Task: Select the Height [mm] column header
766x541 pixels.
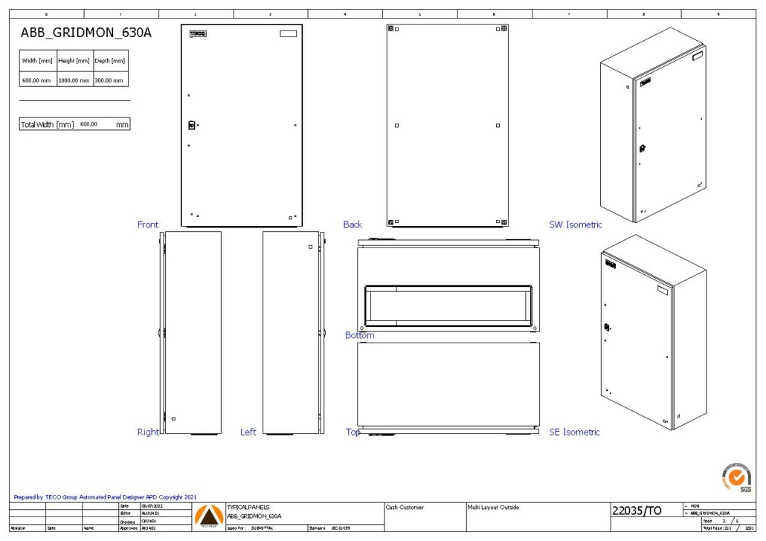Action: point(74,61)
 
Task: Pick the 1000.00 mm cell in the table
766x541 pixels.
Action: point(74,80)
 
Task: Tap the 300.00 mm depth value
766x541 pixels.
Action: point(109,80)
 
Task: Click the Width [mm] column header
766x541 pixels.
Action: point(37,61)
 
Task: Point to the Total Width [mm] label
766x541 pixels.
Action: point(47,125)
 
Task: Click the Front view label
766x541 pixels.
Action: point(148,224)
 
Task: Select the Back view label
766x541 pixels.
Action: point(353,224)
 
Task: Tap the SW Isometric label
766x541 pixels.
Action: point(576,224)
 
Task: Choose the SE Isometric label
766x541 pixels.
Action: point(574,432)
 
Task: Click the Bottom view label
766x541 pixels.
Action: point(360,335)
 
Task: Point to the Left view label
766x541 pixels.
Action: point(248,432)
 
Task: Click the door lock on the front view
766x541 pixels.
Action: point(192,126)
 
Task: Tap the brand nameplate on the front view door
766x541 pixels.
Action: point(198,33)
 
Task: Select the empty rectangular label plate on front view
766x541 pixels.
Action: point(287,33)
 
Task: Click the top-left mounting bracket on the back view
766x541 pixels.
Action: point(391,28)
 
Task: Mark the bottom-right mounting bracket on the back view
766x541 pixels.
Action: point(504,221)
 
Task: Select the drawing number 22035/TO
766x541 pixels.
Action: point(637,511)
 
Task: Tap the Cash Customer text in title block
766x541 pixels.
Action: point(405,508)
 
